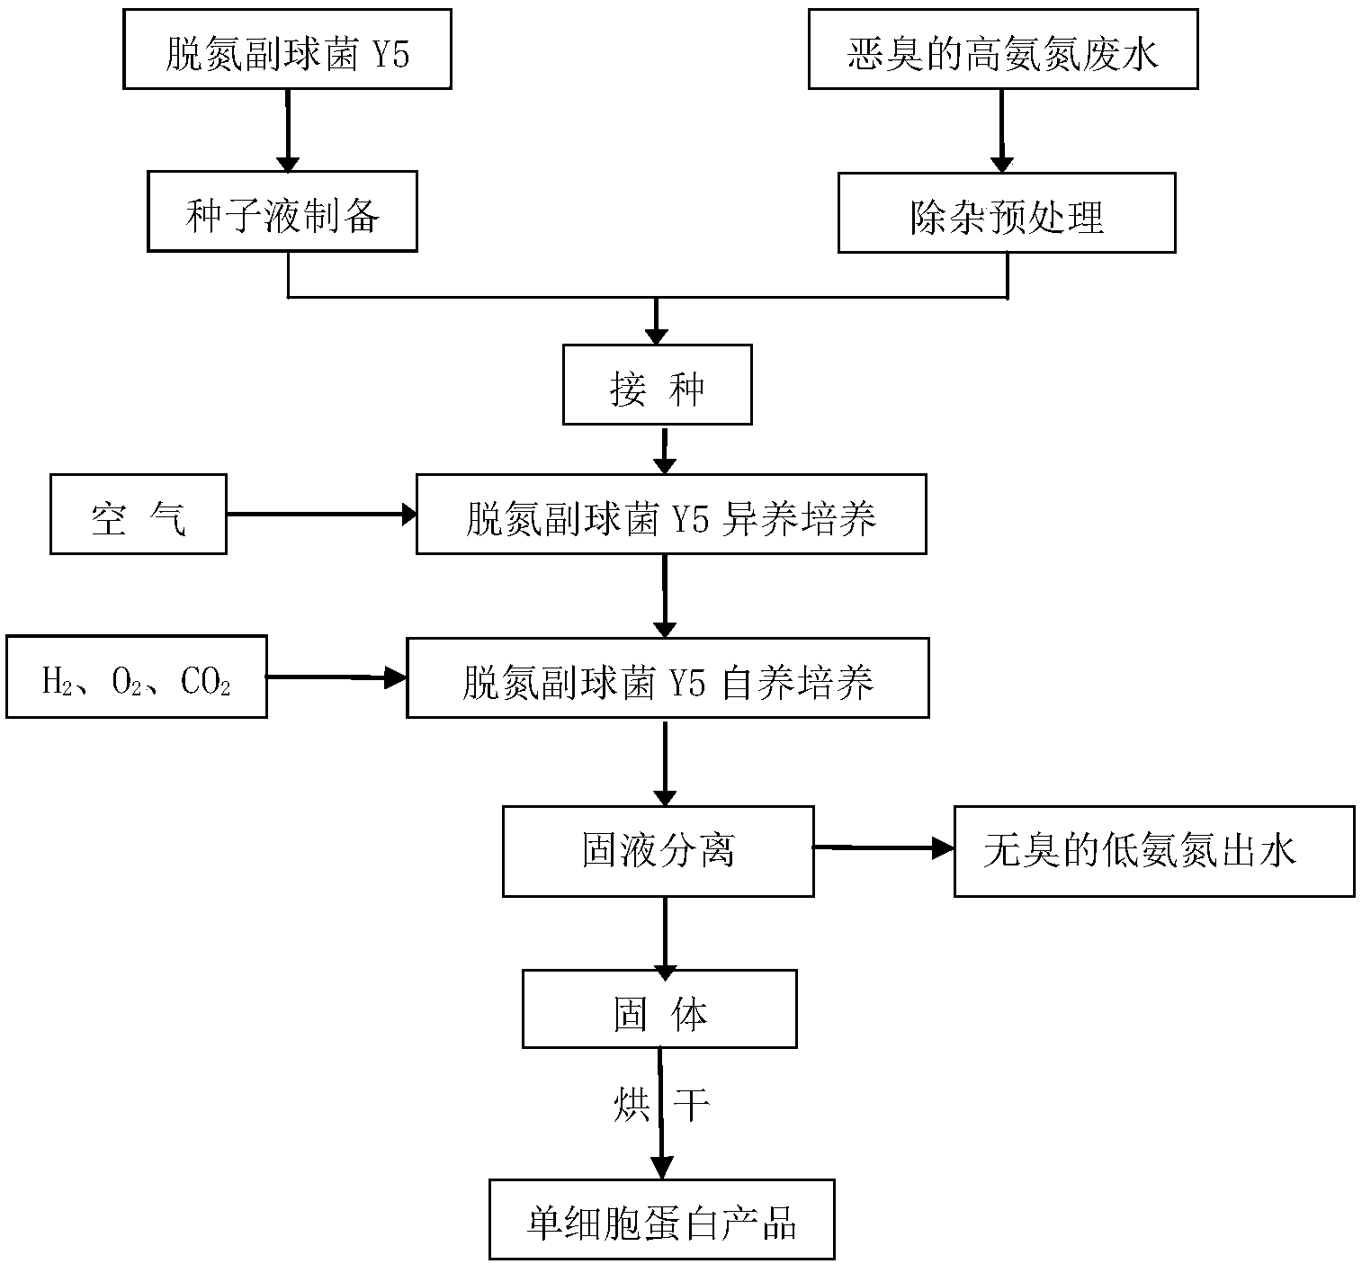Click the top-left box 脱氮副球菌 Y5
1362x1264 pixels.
coord(287,49)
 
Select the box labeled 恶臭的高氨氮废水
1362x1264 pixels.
coord(1003,49)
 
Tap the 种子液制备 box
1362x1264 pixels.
coord(282,211)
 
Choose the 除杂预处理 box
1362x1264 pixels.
coord(1007,212)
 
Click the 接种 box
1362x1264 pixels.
coord(657,385)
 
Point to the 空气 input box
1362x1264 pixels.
coord(139,515)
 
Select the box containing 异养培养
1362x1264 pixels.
coord(671,515)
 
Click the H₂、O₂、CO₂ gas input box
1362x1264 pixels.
coord(137,677)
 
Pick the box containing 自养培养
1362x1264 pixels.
coord(668,678)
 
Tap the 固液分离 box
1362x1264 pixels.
coord(659,851)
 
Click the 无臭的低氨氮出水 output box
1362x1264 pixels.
coord(1155,851)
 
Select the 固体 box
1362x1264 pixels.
coord(659,1009)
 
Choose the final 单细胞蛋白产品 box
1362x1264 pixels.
coord(662,1219)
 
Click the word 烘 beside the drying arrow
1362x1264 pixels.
coord(632,1105)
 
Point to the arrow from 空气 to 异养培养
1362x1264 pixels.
coord(322,514)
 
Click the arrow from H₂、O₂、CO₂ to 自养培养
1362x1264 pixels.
coord(336,677)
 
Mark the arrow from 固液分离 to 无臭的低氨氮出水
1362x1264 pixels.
coord(884,848)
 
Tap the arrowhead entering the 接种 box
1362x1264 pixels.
coord(657,336)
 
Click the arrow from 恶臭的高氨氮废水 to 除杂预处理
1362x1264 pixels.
coord(1002,131)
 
